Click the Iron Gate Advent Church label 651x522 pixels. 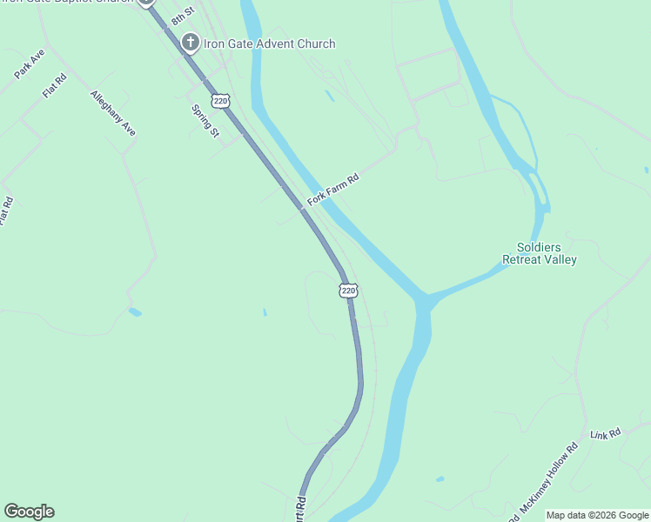tap(269, 43)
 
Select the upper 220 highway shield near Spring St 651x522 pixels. tap(221, 101)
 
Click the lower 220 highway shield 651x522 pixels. tap(348, 291)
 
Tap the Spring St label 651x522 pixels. tap(205, 121)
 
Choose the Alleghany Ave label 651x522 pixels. tap(113, 113)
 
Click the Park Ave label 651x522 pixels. tap(30, 65)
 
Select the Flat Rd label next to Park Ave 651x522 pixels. tap(54, 86)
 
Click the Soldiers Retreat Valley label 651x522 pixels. tap(540, 253)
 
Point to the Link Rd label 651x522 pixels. tap(605, 433)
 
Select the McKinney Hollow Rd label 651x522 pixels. tap(549, 478)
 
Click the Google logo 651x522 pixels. tap(29, 512)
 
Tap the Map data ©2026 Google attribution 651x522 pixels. tap(597, 515)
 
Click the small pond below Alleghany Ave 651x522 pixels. tap(134, 311)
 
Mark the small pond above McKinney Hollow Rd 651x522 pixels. tap(440, 478)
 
